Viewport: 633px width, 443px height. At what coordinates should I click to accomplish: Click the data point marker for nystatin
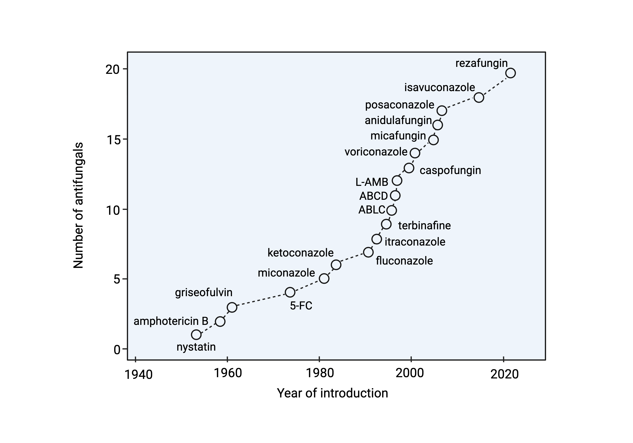pyautogui.click(x=196, y=335)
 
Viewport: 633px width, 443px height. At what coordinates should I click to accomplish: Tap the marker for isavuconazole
pyautogui.click(x=479, y=98)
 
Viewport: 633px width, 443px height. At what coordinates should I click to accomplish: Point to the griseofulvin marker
pyautogui.click(x=232, y=307)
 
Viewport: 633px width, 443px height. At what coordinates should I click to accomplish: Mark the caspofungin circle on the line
pyautogui.click(x=409, y=168)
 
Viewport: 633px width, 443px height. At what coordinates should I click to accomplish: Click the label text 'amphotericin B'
pyautogui.click(x=171, y=321)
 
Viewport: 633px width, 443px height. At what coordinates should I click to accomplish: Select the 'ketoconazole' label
pyautogui.click(x=300, y=253)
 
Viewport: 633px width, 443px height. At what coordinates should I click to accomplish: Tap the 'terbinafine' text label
pyautogui.click(x=424, y=226)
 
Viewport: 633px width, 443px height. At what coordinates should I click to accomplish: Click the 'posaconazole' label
pyautogui.click(x=399, y=105)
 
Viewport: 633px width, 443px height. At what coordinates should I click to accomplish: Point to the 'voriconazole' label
pyautogui.click(x=376, y=152)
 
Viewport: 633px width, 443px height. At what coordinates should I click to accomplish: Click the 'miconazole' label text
pyautogui.click(x=286, y=273)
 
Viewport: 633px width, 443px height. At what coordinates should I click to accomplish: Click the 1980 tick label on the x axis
pyautogui.click(x=320, y=373)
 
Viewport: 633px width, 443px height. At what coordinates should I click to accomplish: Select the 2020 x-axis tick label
pyautogui.click(x=505, y=374)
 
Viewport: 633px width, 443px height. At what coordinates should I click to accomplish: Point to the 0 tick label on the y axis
pyautogui.click(x=117, y=350)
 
